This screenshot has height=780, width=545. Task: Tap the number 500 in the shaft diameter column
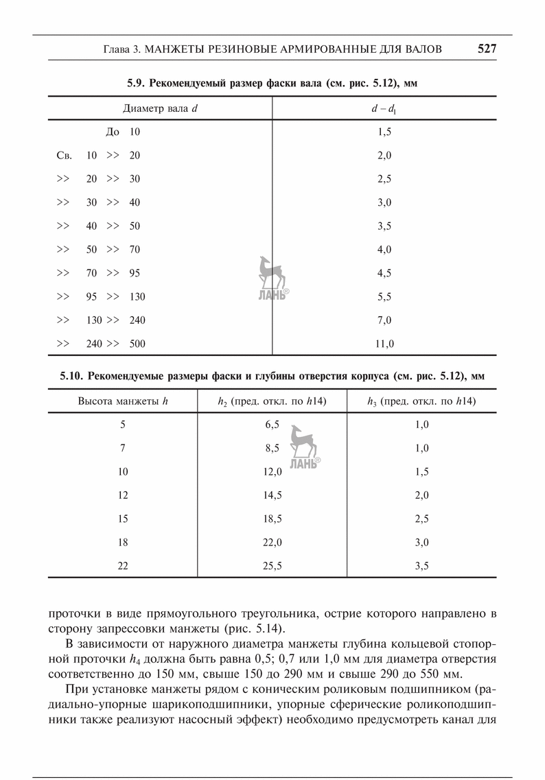pos(137,344)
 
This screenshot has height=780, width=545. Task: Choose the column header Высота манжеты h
pos(123,401)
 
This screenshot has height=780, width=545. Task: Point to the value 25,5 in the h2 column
pos(272,566)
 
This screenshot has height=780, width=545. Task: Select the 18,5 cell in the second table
pos(272,519)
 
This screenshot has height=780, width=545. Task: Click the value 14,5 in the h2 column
pos(272,495)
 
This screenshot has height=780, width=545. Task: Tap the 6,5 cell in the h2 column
pos(272,425)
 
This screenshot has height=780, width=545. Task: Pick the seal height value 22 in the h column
pos(123,566)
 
